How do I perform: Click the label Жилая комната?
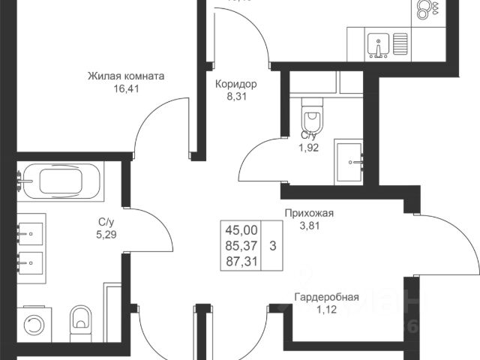pyautogui.click(x=126, y=76)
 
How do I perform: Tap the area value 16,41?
pyautogui.click(x=126, y=88)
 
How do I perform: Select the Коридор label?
pyautogui.click(x=235, y=84)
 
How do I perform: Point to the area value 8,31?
pyautogui.click(x=235, y=96)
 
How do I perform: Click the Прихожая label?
pyautogui.click(x=308, y=213)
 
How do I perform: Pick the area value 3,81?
pyautogui.click(x=308, y=225)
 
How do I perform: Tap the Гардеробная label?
pyautogui.click(x=325, y=297)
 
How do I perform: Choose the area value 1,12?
pyautogui.click(x=325, y=309)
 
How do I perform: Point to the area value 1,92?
pyautogui.click(x=308, y=147)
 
